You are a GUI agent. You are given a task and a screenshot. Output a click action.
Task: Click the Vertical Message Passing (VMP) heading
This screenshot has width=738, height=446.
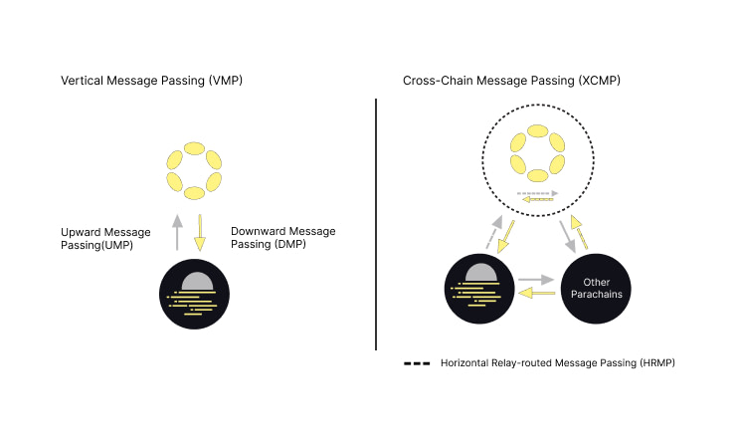click(152, 79)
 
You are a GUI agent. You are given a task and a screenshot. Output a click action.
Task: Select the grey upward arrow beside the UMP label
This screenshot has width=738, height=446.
click(177, 231)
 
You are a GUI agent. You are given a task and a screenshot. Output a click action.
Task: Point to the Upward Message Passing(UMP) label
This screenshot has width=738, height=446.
click(105, 238)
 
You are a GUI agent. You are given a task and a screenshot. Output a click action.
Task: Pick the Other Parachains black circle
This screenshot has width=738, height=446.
click(598, 289)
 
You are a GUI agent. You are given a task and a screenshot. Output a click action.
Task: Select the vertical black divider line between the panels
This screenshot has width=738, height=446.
click(376, 224)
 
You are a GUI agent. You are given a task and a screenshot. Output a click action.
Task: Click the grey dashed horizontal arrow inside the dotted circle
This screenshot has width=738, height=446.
click(537, 192)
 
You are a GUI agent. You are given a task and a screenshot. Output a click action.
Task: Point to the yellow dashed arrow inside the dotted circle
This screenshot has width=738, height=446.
click(537, 200)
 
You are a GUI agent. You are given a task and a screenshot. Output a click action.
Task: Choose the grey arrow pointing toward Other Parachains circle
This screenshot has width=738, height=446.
click(536, 281)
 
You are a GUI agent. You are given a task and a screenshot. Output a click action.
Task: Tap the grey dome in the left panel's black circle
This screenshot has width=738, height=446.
click(196, 282)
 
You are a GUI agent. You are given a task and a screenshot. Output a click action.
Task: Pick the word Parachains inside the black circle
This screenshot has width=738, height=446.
click(598, 295)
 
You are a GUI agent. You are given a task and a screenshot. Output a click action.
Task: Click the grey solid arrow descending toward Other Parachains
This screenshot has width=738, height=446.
click(570, 237)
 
